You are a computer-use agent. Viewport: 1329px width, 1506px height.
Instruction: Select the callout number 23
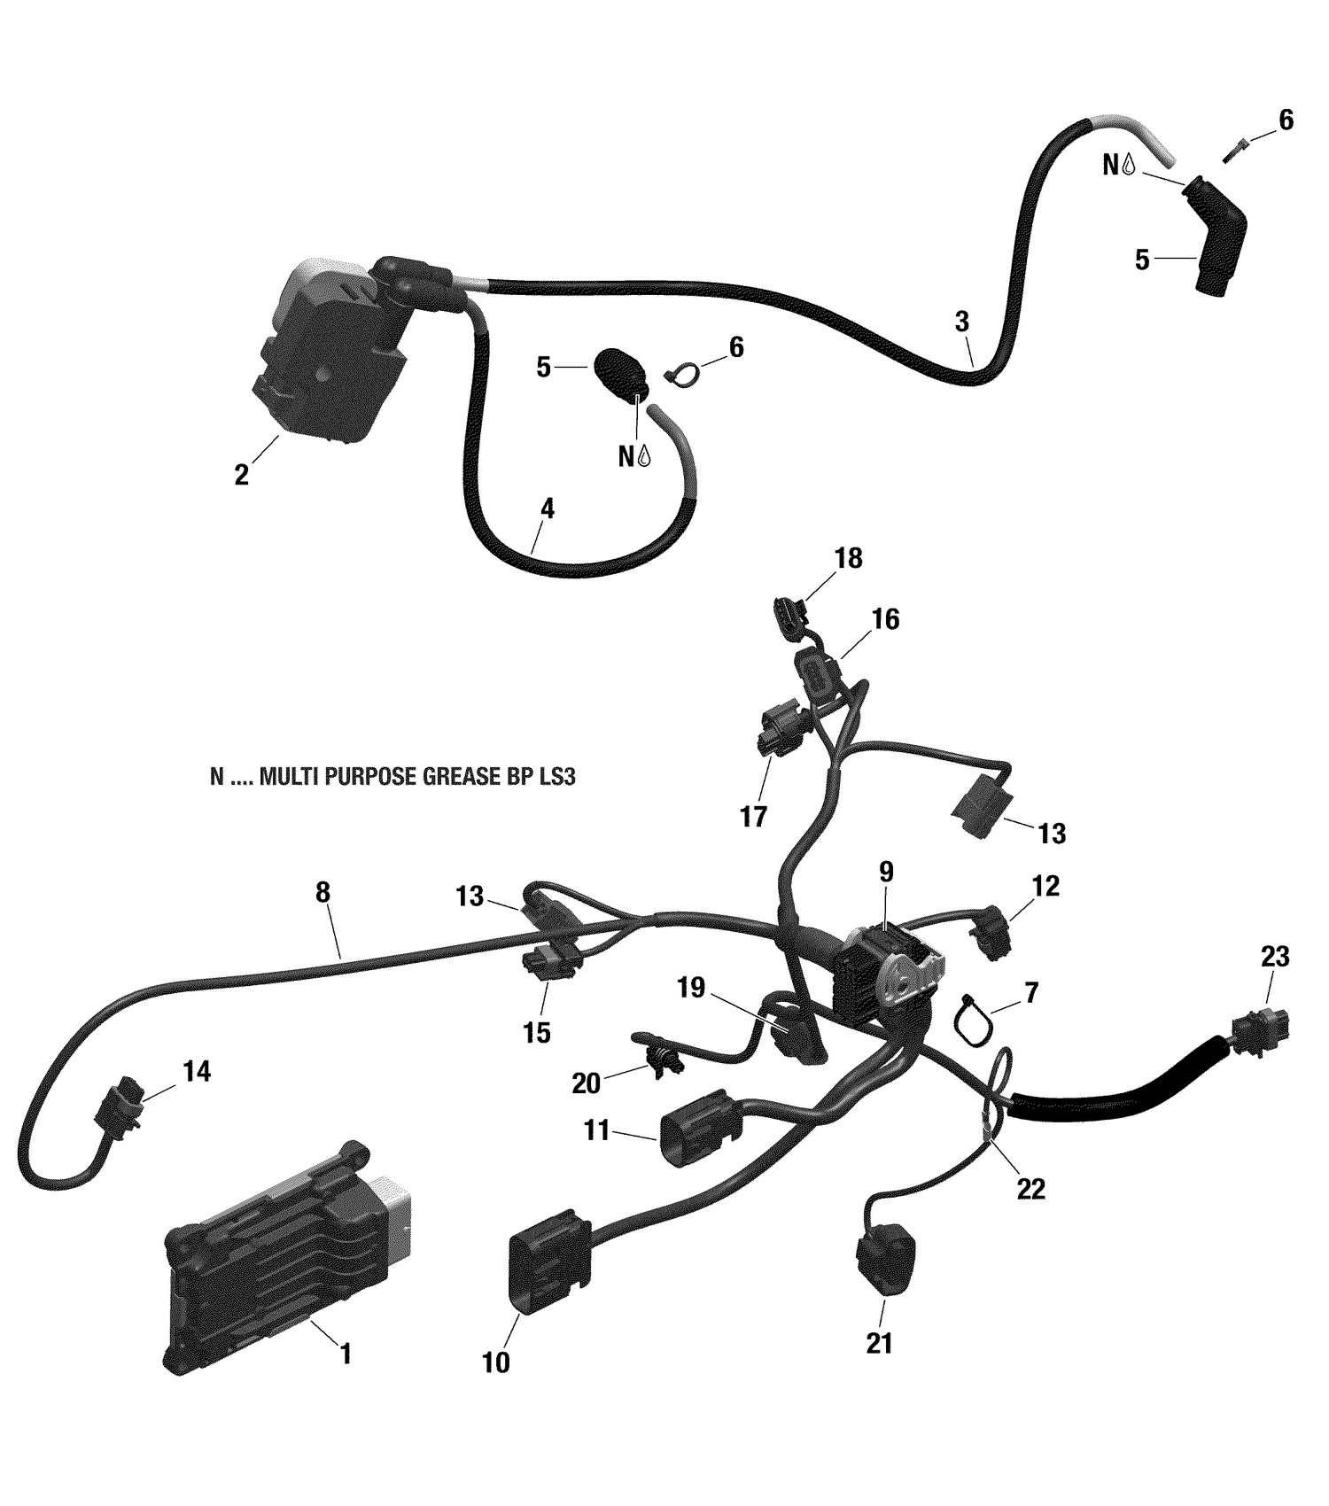point(1275,957)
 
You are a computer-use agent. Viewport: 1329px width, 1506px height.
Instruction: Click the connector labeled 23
point(1260,1035)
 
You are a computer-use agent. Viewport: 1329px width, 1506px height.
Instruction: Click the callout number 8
point(323,891)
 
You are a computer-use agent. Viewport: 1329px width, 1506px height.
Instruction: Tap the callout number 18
point(848,558)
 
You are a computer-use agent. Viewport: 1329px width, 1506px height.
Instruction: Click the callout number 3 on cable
point(962,322)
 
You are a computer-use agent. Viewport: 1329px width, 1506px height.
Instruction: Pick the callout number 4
point(548,508)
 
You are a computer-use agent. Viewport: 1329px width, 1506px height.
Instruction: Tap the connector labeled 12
point(994,935)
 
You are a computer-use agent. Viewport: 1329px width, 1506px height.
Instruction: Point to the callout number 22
point(1031,1190)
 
